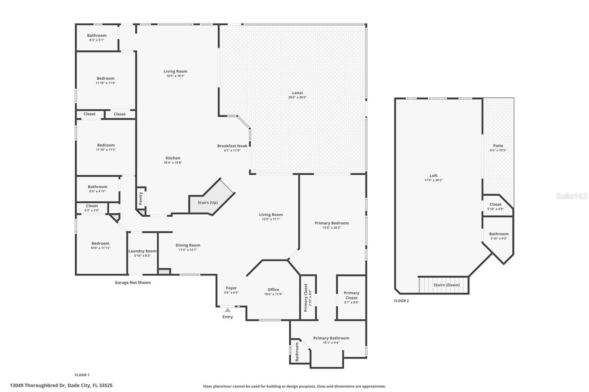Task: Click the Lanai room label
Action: tap(297, 93)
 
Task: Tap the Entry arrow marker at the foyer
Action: tap(228, 310)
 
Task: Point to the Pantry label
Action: tap(141, 199)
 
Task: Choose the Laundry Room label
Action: tap(142, 251)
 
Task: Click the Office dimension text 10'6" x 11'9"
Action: tap(273, 294)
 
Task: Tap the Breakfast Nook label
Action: tap(232, 146)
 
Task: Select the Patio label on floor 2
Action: tap(498, 146)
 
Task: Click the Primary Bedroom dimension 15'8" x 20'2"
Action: tap(332, 228)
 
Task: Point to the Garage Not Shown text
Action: tap(133, 282)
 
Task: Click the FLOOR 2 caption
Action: tap(401, 301)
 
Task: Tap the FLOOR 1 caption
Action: tap(82, 375)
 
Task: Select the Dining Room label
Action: tap(188, 245)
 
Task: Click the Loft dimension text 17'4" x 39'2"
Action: tap(433, 180)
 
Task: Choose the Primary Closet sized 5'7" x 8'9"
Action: tap(351, 297)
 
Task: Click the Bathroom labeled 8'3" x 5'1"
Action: tap(97, 38)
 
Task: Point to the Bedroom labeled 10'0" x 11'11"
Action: tap(100, 245)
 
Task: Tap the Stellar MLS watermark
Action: tap(571, 196)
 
